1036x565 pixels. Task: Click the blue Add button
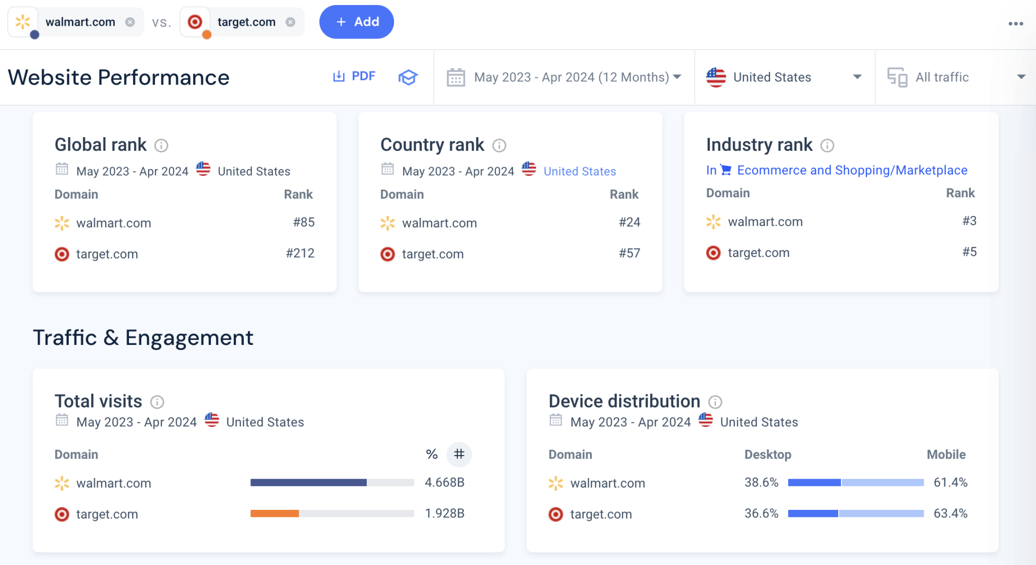point(357,22)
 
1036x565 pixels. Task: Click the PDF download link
point(354,76)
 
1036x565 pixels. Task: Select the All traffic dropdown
point(955,77)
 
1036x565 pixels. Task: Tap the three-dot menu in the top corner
point(1015,24)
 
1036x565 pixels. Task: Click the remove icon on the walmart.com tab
point(130,22)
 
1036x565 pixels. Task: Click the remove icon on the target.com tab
point(290,22)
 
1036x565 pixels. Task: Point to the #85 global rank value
point(304,222)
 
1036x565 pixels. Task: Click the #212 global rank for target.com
point(300,253)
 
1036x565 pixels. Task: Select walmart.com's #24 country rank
point(629,222)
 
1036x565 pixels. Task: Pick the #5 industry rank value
point(969,252)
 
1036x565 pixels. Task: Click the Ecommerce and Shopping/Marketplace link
point(852,170)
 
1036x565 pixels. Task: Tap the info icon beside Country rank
point(499,146)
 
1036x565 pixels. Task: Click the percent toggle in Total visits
point(431,454)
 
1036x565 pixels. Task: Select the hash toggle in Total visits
point(459,454)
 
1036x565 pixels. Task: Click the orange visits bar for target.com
point(275,513)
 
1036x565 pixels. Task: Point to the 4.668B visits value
point(444,483)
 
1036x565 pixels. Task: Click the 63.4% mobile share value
point(950,513)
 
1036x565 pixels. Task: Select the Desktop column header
point(767,454)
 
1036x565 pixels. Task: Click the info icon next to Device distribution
point(715,402)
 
